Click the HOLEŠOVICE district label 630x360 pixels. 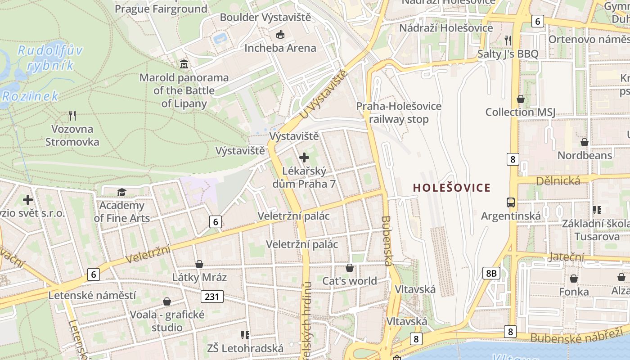point(451,188)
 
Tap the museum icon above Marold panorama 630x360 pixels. point(184,64)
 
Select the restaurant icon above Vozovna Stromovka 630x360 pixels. point(72,116)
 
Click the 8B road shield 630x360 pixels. point(491,273)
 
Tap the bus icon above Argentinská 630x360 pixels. point(511,202)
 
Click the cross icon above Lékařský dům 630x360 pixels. point(304,157)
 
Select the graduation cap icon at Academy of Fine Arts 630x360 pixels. point(121,193)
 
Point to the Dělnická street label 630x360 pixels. point(558,180)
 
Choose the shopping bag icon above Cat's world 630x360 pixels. point(350,268)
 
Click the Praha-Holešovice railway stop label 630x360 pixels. point(399,112)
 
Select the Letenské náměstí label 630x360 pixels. point(92,295)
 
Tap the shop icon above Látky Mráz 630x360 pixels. point(199,264)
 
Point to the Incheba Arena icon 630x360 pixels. point(280,34)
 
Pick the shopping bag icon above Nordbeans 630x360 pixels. point(585,142)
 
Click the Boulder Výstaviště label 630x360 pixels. point(265,18)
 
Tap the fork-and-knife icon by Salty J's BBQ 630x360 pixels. point(508,40)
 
